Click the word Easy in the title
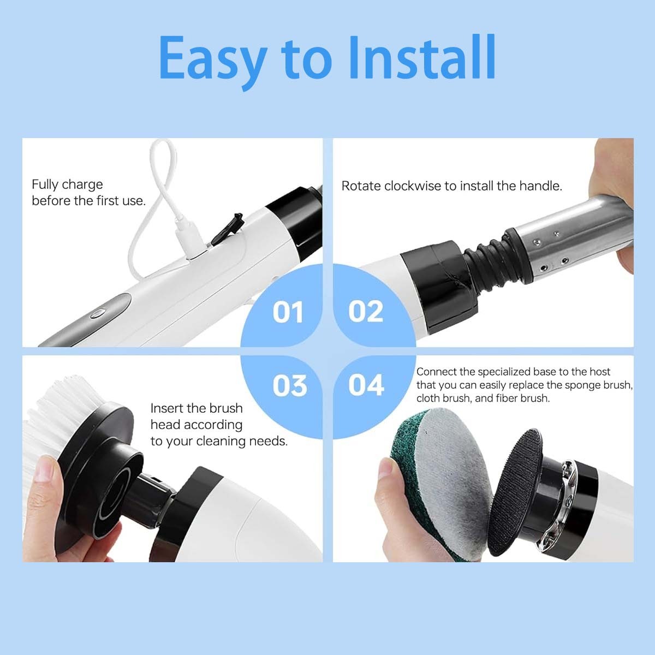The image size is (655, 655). pos(213,58)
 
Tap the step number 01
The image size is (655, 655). pos(288,312)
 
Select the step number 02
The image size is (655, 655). pos(366,312)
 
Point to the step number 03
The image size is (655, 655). pos(289,385)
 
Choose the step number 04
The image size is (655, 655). pos(366,385)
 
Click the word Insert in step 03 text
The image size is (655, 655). pos(166,408)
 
